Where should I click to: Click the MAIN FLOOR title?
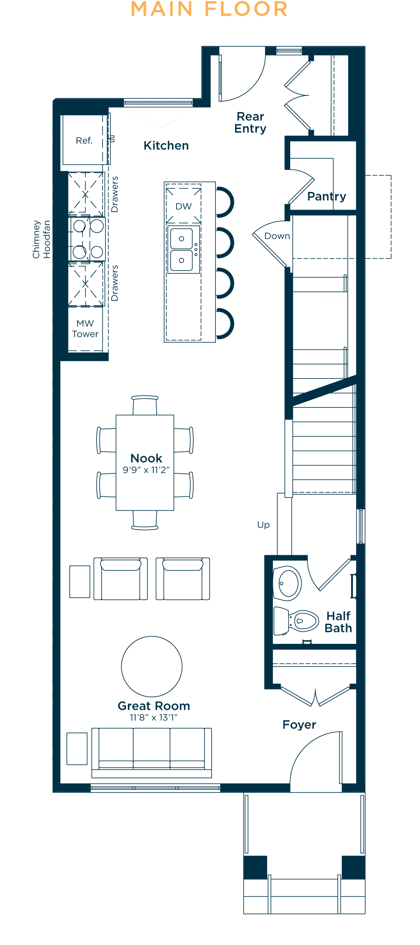(x=209, y=9)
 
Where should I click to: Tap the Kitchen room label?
(x=166, y=146)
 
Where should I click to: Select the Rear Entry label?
(x=250, y=122)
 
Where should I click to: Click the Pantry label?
(x=327, y=197)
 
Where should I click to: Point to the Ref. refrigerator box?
(x=84, y=140)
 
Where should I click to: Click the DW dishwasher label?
(x=184, y=206)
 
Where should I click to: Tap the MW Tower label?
(x=85, y=328)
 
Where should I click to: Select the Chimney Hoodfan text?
(x=42, y=239)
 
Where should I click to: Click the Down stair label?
(x=277, y=236)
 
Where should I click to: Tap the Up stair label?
(x=263, y=525)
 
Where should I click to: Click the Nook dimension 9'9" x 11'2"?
(x=146, y=470)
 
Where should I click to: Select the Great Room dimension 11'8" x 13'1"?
(x=154, y=717)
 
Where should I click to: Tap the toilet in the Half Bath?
(x=297, y=621)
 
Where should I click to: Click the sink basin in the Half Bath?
(x=288, y=583)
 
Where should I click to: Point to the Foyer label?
(x=299, y=725)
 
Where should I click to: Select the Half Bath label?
(x=339, y=622)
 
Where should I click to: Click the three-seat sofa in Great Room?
(x=152, y=753)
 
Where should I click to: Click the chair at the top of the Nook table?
(x=145, y=405)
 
